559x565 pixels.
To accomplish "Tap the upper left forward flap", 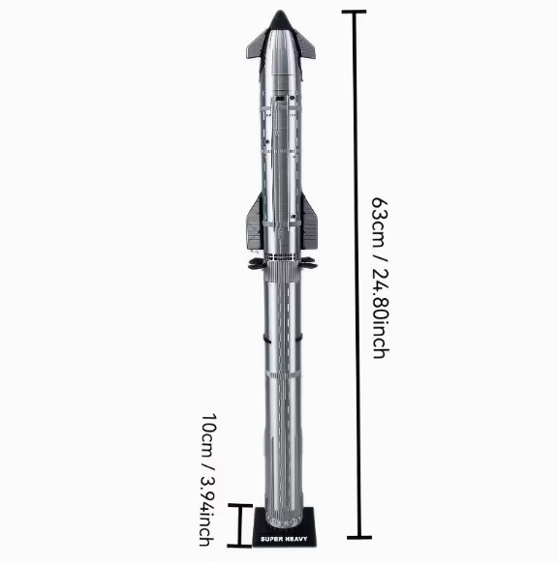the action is coord(257,45).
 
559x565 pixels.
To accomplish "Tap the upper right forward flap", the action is coord(305,45).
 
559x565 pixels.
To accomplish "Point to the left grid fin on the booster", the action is coord(256,264).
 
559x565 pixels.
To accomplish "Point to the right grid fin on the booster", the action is coord(309,263).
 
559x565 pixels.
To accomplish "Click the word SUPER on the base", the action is coord(270,540).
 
